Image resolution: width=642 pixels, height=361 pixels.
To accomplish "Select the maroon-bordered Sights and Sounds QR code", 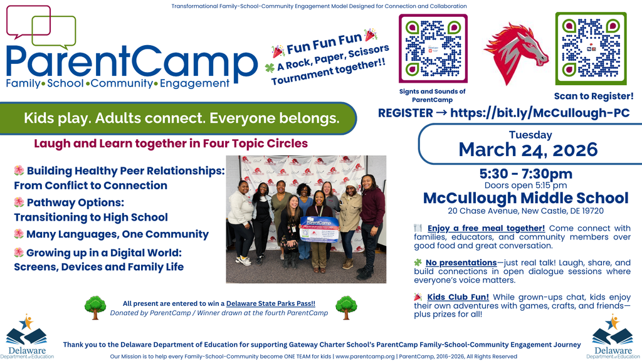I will click(x=433, y=49).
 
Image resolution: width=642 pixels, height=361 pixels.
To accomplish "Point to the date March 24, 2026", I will click(x=528, y=150).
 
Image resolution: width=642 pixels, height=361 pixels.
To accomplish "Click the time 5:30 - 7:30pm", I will click(x=525, y=174).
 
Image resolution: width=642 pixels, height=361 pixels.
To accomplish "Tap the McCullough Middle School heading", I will click(x=525, y=199).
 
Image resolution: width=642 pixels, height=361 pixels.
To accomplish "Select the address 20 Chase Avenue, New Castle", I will click(x=525, y=211).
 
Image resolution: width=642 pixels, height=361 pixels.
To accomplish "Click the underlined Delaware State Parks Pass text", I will click(x=280, y=303).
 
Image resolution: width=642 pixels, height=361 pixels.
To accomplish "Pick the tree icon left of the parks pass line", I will click(x=95, y=307).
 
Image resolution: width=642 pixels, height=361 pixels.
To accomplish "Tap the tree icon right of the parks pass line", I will click(x=346, y=307).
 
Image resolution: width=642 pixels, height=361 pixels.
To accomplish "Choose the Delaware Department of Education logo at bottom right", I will click(x=612, y=337).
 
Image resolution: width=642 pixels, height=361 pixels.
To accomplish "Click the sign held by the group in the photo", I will click(x=320, y=229).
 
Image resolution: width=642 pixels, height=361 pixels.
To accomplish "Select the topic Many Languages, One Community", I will click(x=117, y=234).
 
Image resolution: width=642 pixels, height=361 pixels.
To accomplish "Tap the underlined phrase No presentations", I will click(x=461, y=262).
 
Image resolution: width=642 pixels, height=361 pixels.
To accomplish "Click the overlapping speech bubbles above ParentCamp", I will click(x=41, y=27).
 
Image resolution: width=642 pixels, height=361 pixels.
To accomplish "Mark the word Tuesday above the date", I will click(x=530, y=135).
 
